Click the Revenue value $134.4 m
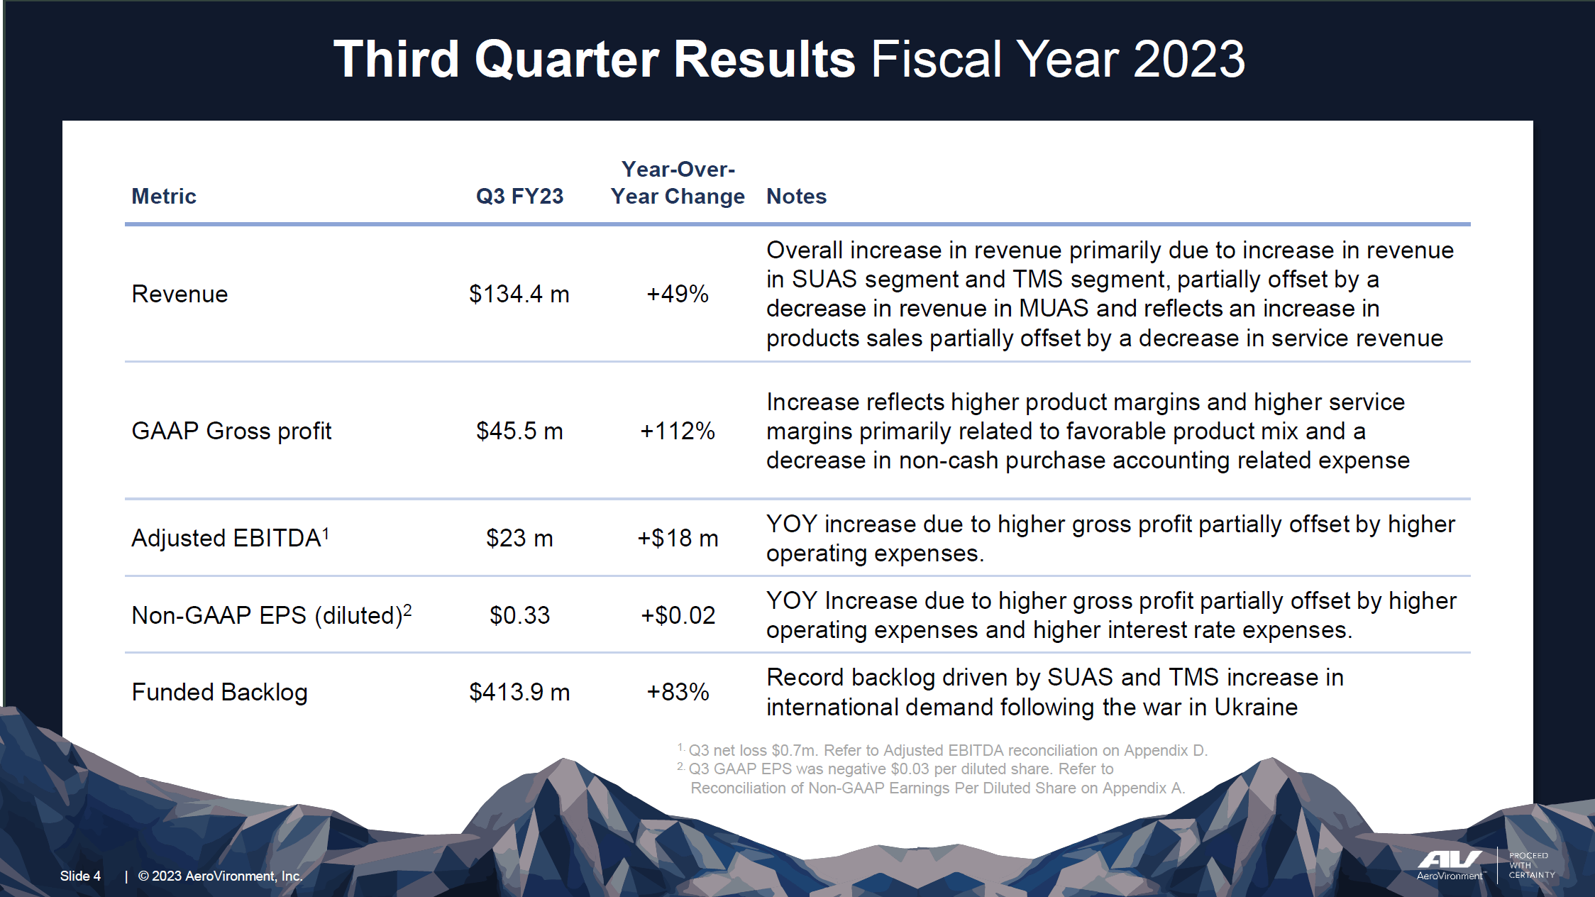[519, 294]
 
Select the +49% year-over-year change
[677, 294]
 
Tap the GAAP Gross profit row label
[231, 431]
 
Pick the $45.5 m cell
[519, 431]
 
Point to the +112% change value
[677, 431]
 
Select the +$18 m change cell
[677, 538]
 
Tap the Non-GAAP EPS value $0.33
[519, 615]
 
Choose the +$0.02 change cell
[677, 615]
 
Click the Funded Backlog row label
[219, 692]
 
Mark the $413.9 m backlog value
[519, 692]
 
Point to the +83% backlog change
[677, 692]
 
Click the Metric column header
[163, 196]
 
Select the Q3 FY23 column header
[519, 196]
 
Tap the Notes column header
[796, 196]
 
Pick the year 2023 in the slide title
[1188, 59]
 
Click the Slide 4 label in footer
[80, 876]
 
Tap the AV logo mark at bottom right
[1449, 859]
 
